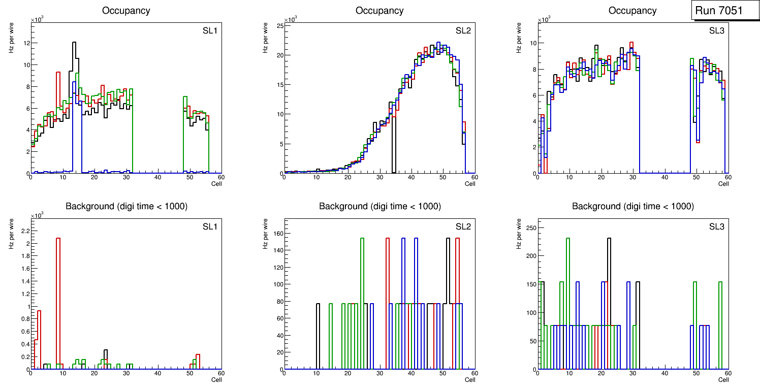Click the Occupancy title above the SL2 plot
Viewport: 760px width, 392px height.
pyautogui.click(x=379, y=11)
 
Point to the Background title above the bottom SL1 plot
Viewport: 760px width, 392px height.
pyautogui.click(x=126, y=206)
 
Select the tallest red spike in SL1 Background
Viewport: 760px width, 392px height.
pyautogui.click(x=58, y=238)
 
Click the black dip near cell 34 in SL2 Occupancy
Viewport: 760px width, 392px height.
pyautogui.click(x=393, y=152)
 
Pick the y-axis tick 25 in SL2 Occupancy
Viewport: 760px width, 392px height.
pyautogui.click(x=278, y=25)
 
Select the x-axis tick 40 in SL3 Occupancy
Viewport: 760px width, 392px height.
pyautogui.click(x=664, y=177)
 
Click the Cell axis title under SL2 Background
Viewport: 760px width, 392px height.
pyautogui.click(x=470, y=379)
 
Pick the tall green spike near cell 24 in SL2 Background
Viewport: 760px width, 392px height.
pyautogui.click(x=362, y=238)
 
